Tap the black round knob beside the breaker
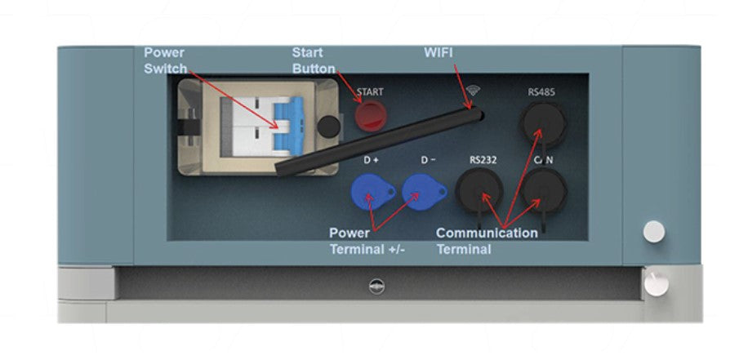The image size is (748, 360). [328, 126]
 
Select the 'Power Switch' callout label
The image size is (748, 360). [166, 60]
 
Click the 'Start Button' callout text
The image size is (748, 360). [314, 60]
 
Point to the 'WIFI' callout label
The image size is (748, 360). [439, 53]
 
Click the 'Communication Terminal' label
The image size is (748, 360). [487, 241]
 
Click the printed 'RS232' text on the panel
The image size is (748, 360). [483, 160]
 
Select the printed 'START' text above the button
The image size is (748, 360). [370, 92]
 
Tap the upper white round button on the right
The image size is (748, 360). [653, 232]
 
